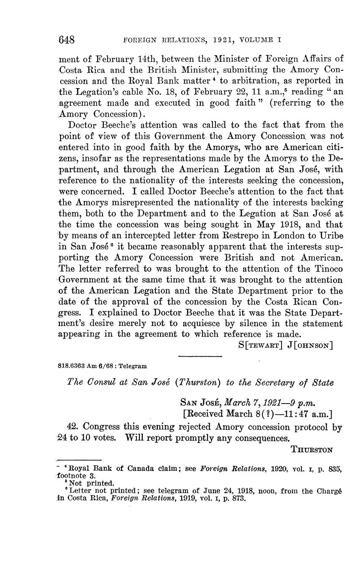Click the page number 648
[x=66, y=40]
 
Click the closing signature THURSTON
[x=312, y=450]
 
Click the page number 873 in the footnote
[x=239, y=498]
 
